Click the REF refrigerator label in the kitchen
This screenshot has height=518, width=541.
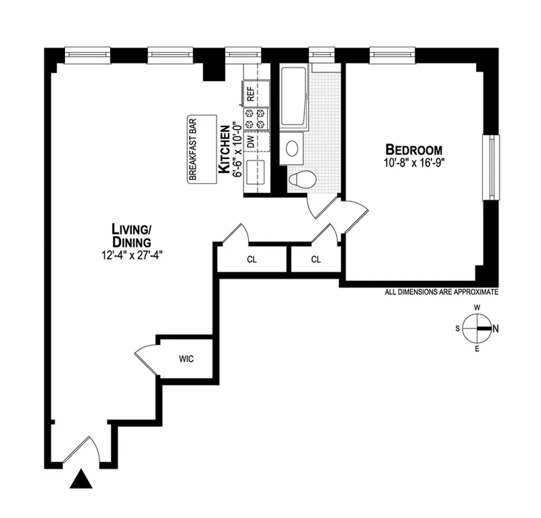click(x=250, y=94)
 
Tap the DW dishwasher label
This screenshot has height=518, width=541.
click(x=250, y=141)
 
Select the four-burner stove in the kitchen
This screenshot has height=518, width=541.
click(x=255, y=119)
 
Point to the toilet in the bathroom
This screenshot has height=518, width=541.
click(x=302, y=179)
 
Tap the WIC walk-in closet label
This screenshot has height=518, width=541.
click(x=187, y=359)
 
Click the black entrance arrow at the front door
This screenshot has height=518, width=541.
click(x=81, y=480)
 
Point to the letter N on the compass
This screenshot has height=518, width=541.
click(x=495, y=329)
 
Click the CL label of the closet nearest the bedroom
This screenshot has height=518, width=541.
click(x=316, y=260)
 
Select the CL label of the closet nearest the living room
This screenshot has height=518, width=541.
click(x=252, y=260)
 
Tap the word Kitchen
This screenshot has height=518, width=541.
click(x=223, y=149)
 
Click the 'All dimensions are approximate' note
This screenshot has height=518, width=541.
click(x=441, y=292)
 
